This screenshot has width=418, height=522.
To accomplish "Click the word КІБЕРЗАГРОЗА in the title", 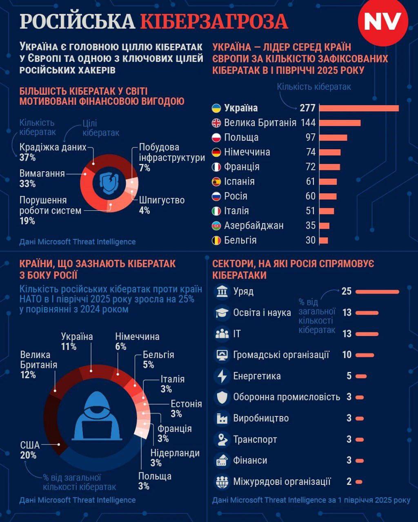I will (x=214, y=22).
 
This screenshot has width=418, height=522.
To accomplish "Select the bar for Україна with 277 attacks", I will (x=359, y=108).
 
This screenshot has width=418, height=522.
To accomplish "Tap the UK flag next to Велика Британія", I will (x=216, y=123).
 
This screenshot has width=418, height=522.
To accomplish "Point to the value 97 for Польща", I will (x=311, y=137).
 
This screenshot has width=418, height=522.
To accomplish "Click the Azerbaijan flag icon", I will (x=216, y=226).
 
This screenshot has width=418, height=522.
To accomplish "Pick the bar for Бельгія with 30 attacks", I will (x=323, y=241).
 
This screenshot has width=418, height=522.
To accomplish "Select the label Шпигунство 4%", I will (x=162, y=205).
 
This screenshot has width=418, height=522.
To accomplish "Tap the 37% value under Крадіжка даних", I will (x=28, y=157).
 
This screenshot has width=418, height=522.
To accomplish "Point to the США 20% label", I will (x=30, y=450).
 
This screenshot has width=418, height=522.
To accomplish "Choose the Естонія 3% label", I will (x=186, y=409).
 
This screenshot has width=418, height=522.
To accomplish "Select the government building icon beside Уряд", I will (x=222, y=292).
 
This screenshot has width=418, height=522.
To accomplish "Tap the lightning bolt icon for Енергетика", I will (x=222, y=376).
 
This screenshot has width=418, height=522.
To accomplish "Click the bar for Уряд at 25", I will (x=377, y=292).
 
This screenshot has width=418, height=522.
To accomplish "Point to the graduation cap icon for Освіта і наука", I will (x=222, y=313).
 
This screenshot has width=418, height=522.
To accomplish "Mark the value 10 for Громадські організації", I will (x=347, y=355).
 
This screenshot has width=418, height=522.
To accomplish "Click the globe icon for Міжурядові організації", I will (x=222, y=482).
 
